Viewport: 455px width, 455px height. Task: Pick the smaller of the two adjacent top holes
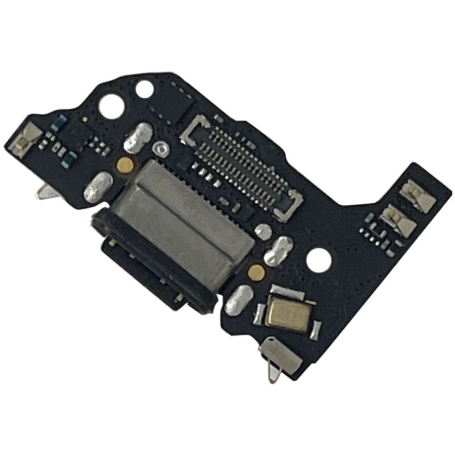[145, 89]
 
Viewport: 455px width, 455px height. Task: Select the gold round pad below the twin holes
[125, 165]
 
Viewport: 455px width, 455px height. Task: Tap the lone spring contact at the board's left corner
[27, 136]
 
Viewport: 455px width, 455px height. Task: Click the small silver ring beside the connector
[161, 148]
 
